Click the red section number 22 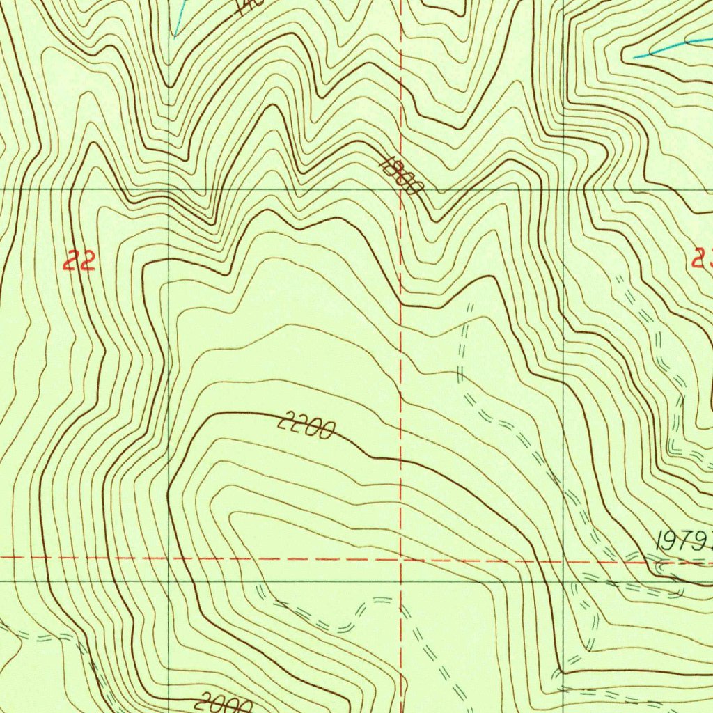click(79, 262)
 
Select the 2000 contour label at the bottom click(224, 703)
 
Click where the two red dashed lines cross click(401, 558)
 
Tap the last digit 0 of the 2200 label click(325, 432)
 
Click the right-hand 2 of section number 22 click(87, 262)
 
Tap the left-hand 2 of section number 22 click(70, 262)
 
